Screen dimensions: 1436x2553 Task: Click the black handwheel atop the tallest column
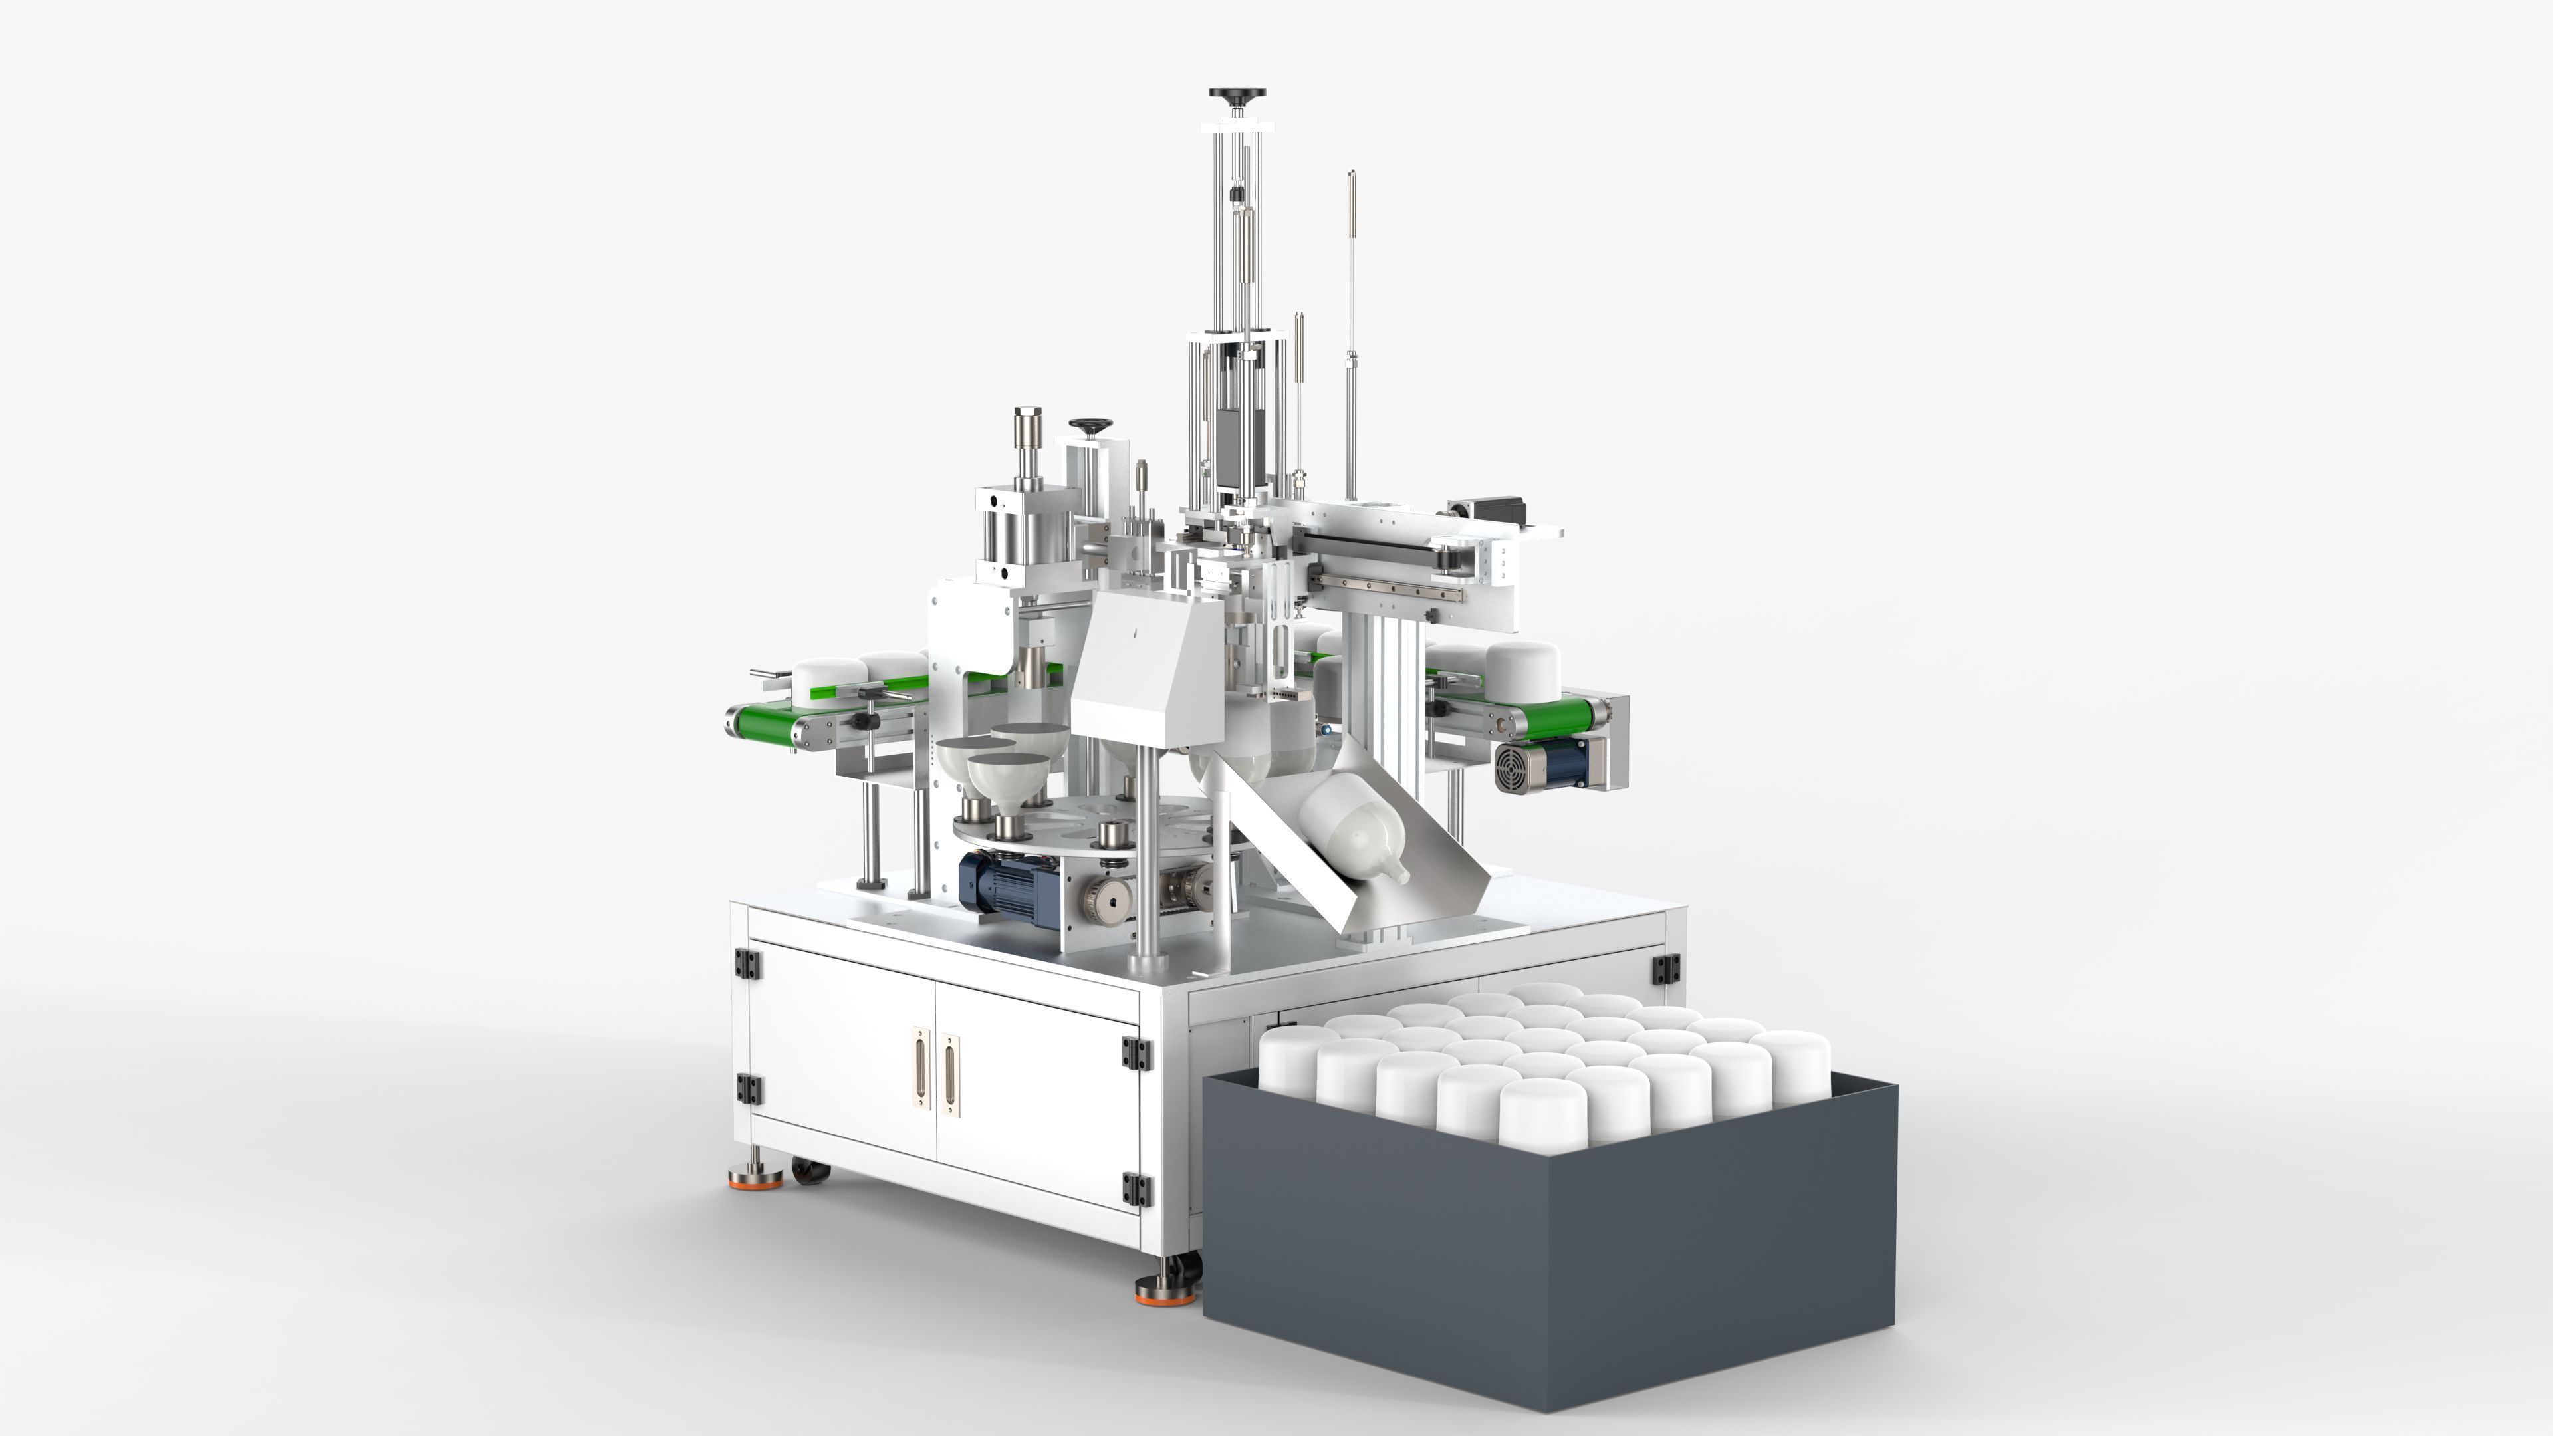[1237, 95]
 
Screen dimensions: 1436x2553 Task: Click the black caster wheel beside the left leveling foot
[808, 1172]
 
